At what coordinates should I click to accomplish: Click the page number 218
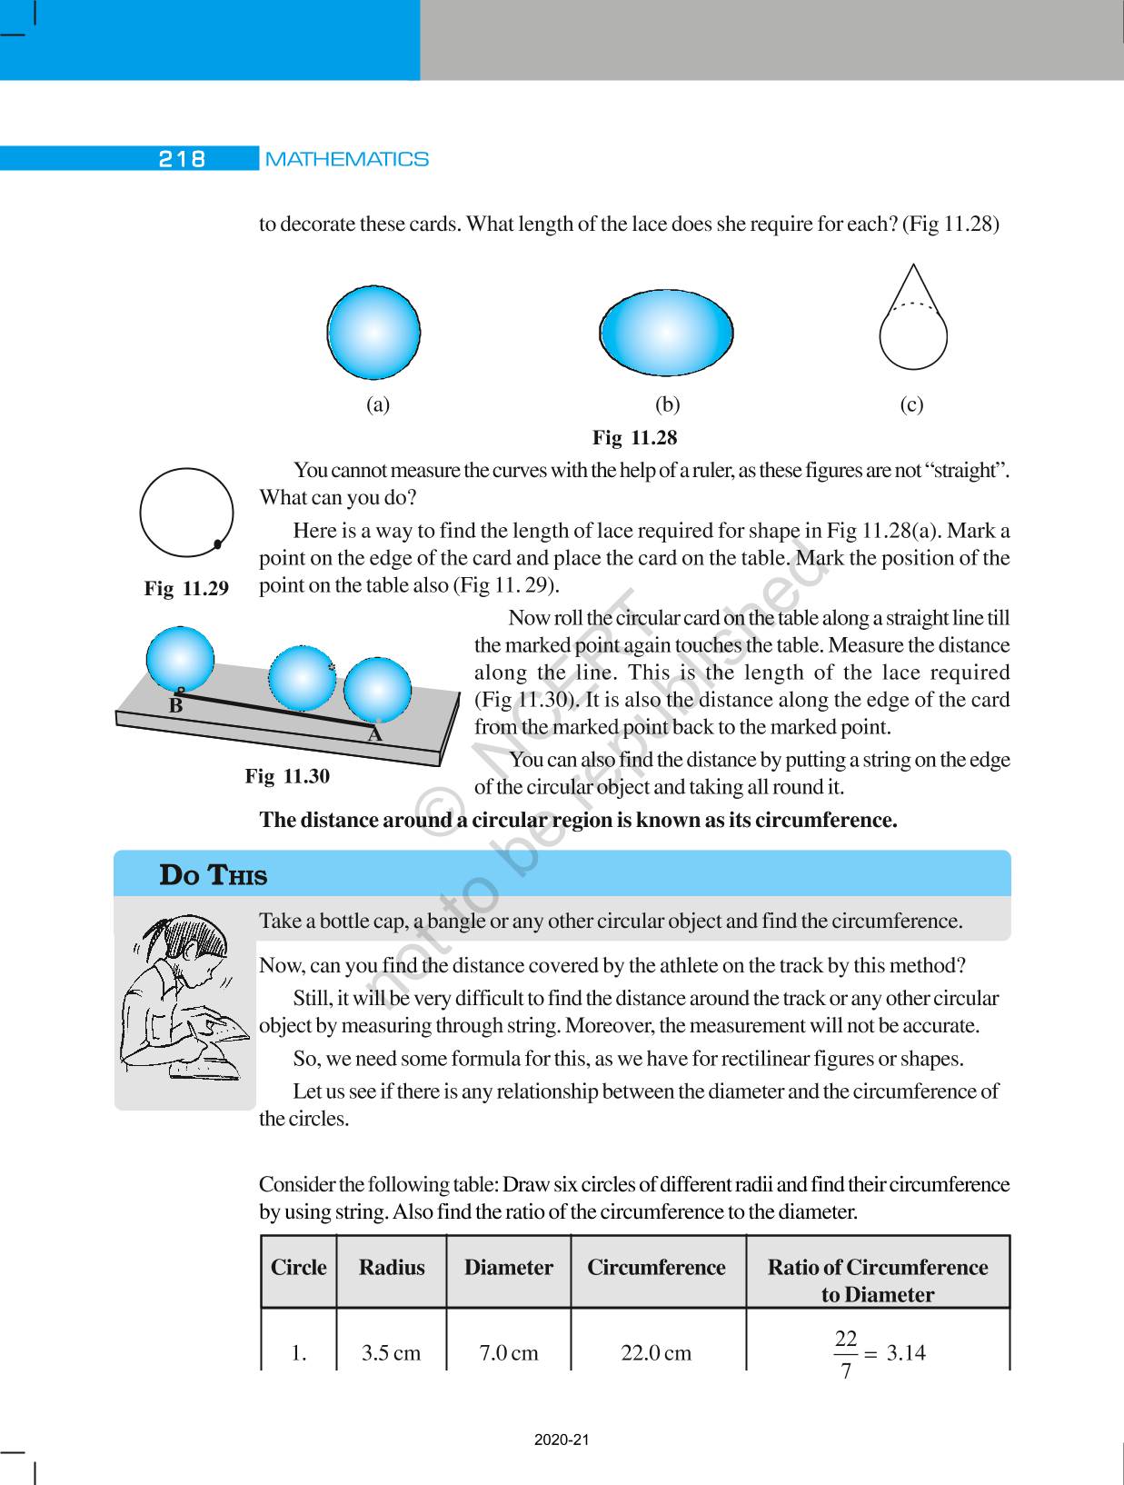[183, 159]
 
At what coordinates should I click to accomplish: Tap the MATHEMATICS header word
[347, 159]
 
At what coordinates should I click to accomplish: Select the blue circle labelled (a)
[373, 332]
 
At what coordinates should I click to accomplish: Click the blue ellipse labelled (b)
[666, 334]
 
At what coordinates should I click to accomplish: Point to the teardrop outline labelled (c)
[913, 327]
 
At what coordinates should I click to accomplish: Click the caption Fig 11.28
[634, 438]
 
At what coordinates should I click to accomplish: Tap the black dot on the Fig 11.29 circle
[218, 544]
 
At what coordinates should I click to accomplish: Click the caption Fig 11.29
[186, 588]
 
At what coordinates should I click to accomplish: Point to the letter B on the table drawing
[176, 704]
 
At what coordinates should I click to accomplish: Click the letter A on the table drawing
[374, 734]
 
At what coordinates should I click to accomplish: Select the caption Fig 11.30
[287, 776]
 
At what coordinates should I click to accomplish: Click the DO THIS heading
[214, 875]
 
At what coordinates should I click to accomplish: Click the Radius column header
[392, 1268]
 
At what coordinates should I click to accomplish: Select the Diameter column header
[508, 1268]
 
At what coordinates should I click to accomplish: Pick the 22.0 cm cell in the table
[656, 1353]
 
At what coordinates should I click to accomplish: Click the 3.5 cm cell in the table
[391, 1353]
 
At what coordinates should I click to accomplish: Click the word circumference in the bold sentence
[825, 821]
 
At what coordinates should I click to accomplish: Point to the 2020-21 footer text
[562, 1440]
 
